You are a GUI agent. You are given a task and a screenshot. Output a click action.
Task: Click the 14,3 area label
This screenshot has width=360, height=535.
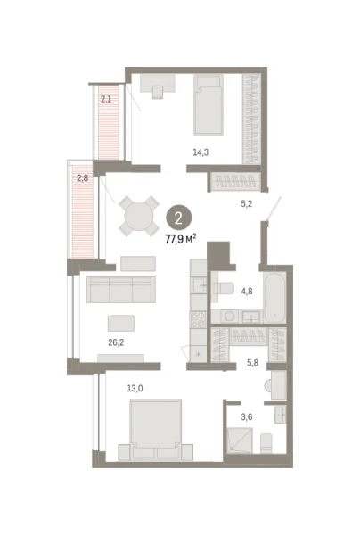[202, 152]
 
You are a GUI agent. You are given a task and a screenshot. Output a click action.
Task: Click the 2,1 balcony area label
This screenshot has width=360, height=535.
[106, 100]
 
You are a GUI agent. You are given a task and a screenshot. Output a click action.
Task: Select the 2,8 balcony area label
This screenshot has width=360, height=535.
[82, 178]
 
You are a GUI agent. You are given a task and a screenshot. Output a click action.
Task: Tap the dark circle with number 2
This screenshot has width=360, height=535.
[180, 218]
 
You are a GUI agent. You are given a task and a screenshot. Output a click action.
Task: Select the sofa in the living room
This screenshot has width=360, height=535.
[119, 290]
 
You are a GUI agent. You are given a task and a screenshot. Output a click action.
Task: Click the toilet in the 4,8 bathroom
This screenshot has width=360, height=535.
[224, 287]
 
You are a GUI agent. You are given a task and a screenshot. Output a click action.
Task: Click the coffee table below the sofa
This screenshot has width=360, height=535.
[121, 322]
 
